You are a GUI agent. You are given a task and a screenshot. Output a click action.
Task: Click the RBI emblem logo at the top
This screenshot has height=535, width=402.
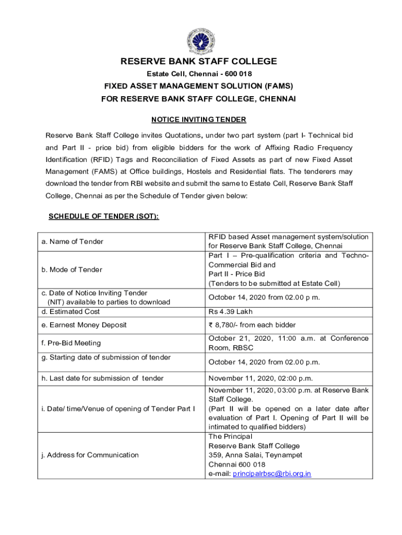[x=199, y=38]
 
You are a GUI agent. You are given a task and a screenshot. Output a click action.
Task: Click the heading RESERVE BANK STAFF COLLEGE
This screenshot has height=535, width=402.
[x=199, y=62]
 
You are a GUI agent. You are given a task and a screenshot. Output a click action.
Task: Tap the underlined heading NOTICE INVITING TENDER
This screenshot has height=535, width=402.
[x=199, y=120]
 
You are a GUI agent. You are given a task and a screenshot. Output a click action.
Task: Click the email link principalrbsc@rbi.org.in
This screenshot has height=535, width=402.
[x=272, y=474]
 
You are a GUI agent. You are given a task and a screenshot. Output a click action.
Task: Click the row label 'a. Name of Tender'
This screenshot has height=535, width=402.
[x=73, y=241]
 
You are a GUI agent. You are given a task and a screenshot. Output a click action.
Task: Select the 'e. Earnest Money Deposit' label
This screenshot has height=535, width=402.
[x=85, y=325]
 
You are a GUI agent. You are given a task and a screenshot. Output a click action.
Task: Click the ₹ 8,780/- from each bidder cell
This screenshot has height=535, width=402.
[x=252, y=325]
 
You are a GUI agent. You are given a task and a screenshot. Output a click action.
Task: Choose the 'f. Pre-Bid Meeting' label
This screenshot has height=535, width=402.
[x=71, y=343]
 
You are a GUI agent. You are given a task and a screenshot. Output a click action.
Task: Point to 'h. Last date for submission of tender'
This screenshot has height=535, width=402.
[x=102, y=378]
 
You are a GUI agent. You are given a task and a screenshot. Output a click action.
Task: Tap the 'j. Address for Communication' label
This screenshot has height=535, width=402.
[x=90, y=455]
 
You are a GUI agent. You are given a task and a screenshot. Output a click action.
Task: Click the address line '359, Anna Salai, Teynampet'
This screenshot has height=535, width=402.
[x=255, y=455]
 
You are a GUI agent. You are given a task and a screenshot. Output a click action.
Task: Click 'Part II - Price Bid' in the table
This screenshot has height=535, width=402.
[x=237, y=274]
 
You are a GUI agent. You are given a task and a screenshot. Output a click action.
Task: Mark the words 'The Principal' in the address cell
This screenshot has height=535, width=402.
[x=230, y=436]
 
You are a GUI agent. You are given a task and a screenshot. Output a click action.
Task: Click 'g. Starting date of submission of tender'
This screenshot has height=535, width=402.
[x=106, y=357]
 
